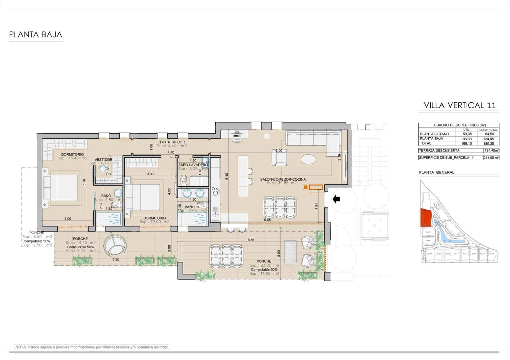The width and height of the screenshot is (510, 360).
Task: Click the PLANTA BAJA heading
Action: tap(35, 34)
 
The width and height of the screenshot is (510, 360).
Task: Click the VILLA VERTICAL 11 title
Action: tap(460, 105)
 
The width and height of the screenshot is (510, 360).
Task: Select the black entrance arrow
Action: tap(336, 199)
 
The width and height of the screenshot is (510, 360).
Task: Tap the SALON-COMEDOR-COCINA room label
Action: tap(283, 179)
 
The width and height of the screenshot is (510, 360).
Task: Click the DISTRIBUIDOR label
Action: tap(172, 142)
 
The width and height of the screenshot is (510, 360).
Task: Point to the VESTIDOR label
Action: tap(104, 160)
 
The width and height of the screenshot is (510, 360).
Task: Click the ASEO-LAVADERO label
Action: tap(193, 165)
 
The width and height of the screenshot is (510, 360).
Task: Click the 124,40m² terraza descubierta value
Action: tap(491, 151)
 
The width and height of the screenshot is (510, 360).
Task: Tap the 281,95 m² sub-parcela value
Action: tap(491, 158)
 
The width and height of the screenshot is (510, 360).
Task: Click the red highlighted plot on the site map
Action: tap(425, 218)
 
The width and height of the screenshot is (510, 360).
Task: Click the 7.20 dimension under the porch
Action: tap(115, 260)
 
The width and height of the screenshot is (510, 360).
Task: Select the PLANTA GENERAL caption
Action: tap(436, 172)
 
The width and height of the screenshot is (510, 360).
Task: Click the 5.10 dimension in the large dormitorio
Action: tap(84, 182)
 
